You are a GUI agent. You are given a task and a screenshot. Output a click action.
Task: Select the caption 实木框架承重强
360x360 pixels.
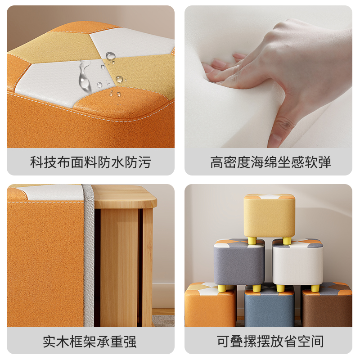click(90, 341)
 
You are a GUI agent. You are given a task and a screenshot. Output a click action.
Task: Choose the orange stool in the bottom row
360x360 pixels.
click(210, 308)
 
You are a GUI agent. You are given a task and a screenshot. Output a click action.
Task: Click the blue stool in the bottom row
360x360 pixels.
click(268, 310)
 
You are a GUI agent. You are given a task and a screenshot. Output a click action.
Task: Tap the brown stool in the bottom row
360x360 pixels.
click(327, 308)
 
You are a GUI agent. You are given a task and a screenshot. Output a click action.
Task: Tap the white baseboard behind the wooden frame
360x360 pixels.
click(163, 295)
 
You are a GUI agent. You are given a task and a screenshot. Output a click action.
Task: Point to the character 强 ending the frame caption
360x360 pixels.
click(130, 341)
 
